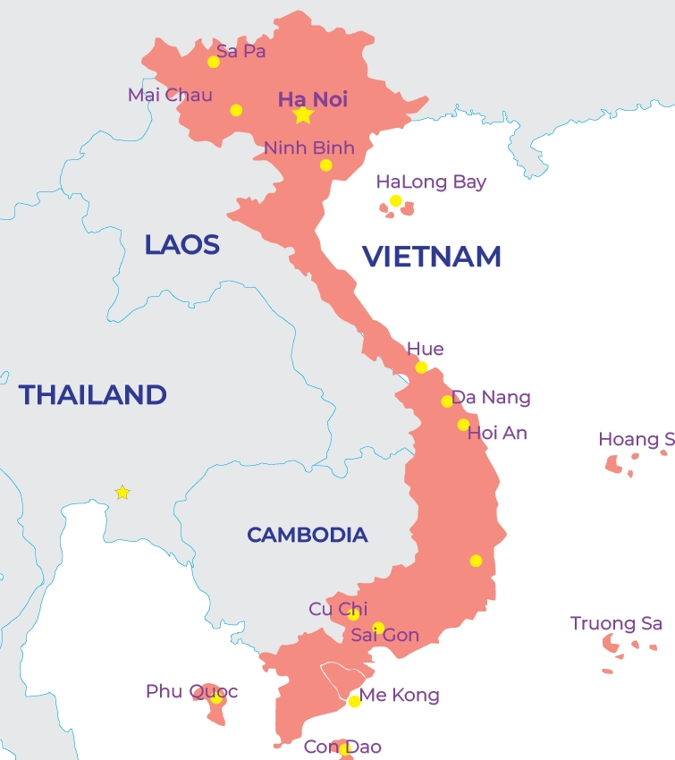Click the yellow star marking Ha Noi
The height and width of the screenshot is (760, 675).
point(303,115)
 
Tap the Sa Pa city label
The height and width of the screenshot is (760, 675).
point(240,51)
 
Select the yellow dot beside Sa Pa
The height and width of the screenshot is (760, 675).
point(214,62)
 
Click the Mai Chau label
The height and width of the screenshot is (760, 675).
point(170,95)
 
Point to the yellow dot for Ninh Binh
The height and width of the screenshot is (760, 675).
point(326,165)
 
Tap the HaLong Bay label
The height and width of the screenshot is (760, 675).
point(431,182)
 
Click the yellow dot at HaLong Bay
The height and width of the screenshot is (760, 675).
point(395,201)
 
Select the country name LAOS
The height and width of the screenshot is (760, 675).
point(182,245)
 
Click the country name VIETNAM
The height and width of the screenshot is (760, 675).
point(431,257)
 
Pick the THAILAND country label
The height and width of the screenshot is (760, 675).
point(93,394)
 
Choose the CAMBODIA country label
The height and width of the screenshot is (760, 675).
point(307,535)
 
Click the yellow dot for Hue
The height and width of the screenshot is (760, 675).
point(421,367)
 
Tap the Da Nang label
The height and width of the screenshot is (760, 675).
point(491,397)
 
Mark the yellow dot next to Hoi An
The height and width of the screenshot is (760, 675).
point(463,425)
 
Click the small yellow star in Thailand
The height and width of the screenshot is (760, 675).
point(122,493)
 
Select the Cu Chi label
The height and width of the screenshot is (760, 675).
point(338,609)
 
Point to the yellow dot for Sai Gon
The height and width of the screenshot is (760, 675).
point(378,628)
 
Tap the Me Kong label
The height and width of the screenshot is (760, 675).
point(399,695)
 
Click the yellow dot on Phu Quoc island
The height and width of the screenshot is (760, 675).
point(216,698)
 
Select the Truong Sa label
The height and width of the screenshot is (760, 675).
point(616,623)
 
